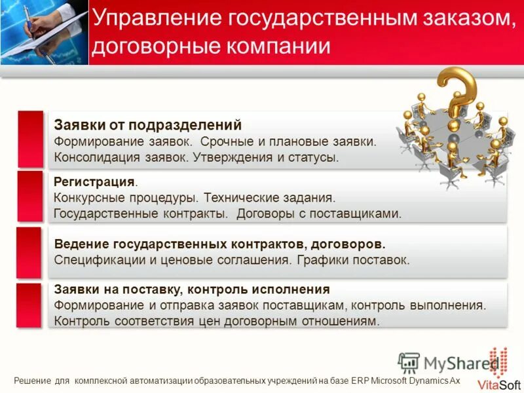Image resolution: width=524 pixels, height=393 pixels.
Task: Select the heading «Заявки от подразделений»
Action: [148, 125]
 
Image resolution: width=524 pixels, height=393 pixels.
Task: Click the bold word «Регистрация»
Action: [95, 181]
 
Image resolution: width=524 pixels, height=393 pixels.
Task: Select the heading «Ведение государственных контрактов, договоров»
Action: [219, 244]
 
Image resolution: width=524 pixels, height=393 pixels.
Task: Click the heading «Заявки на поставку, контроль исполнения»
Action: [192, 289]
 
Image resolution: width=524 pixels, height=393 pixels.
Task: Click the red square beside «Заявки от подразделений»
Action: [30, 139]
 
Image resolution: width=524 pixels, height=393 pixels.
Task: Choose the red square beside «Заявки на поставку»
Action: [29, 305]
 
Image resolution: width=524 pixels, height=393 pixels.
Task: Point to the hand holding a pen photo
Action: [44, 31]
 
